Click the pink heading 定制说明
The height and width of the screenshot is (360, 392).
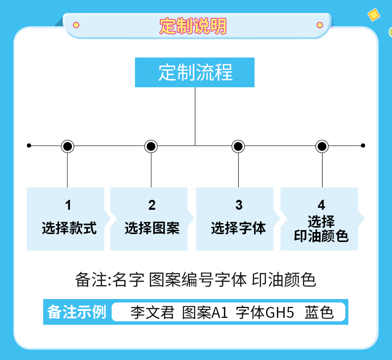point(193,26)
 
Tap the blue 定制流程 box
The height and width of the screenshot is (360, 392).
point(195,72)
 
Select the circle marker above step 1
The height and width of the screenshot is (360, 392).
point(67,146)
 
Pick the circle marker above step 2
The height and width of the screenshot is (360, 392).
point(151,146)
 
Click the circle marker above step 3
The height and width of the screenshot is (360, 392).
point(238,146)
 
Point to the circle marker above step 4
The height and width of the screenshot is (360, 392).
point(322,146)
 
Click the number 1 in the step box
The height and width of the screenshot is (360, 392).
point(68,205)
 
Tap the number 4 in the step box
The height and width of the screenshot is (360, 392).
point(322,205)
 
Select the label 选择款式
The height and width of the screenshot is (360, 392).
point(69,229)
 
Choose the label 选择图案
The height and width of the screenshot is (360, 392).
point(152,229)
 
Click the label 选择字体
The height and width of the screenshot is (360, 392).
point(238,229)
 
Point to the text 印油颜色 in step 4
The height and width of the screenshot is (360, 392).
point(322,236)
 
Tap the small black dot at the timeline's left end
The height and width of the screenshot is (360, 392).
point(29,145)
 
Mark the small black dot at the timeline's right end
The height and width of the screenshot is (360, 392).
point(363,145)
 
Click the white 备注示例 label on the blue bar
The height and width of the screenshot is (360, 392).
point(77,312)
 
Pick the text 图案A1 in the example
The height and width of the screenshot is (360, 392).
point(204,313)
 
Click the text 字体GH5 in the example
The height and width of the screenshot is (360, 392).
point(265,313)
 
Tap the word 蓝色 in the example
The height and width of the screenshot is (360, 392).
point(319,313)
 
